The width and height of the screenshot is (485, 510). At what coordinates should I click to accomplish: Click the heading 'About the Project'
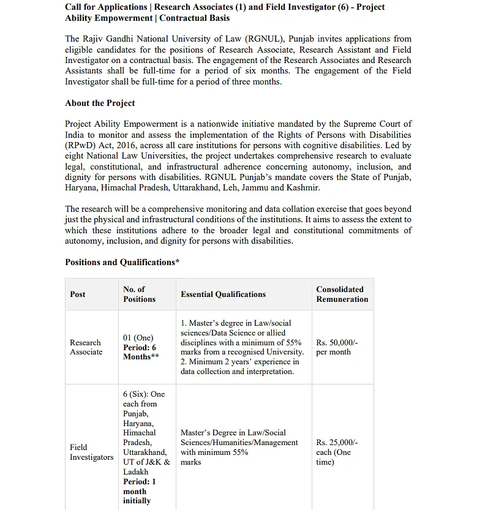coord(100,103)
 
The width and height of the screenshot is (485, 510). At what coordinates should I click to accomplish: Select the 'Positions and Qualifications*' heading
coord(122,262)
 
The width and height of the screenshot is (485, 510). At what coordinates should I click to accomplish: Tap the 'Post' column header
coord(78,294)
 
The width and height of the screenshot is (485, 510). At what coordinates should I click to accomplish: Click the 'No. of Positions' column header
coord(139,294)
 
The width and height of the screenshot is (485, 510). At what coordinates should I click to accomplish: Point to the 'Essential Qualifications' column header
coord(223,294)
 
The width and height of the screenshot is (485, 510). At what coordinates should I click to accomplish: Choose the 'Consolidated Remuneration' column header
coord(342,294)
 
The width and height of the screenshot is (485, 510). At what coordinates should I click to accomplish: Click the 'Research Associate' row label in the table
coord(86,347)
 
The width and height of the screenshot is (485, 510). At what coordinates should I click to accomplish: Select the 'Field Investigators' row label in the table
coord(91,452)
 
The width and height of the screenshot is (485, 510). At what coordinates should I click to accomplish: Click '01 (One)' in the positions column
coord(138,337)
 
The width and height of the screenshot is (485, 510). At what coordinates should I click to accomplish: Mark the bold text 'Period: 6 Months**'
coord(140,352)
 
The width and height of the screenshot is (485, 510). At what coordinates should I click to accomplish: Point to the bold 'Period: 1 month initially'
coord(139,491)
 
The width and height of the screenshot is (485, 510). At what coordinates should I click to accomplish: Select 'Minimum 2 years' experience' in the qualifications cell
coord(239,362)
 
